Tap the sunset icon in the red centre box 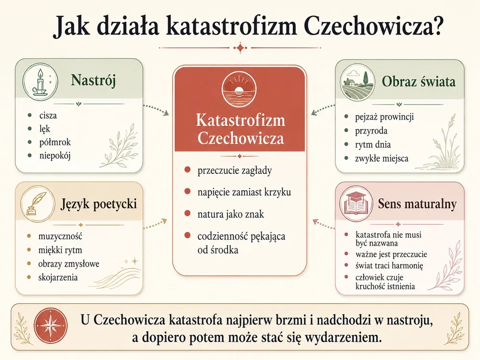click(239, 89)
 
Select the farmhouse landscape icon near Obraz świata click(358, 82)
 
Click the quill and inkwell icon click(37, 204)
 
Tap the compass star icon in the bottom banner click(50, 326)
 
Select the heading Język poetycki click(98, 204)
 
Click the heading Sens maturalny click(417, 204)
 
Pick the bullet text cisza click(48, 115)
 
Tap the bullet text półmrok click(55, 142)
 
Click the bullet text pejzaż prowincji click(384, 117)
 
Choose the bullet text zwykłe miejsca click(382, 158)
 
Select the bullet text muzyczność click(60, 236)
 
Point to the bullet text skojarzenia click(58, 277)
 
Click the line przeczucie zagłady click(235, 170)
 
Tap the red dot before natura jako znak click(188, 214)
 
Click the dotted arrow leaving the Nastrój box click(156, 109)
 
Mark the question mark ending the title click(436, 26)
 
